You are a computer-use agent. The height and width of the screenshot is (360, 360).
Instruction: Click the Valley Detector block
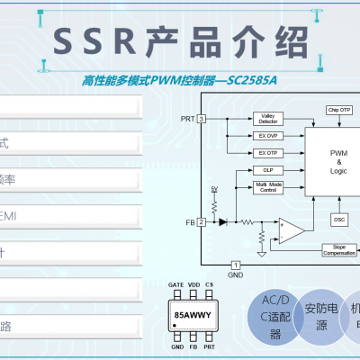267,118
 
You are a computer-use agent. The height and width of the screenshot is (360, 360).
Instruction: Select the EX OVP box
267,136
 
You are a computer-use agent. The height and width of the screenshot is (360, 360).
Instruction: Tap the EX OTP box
267,153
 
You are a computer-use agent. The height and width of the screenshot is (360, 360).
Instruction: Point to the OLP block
267,169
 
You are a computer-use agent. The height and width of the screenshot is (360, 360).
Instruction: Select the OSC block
338,219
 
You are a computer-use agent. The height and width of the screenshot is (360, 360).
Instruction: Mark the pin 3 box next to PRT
202,119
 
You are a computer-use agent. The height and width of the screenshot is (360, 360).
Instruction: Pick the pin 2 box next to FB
202,221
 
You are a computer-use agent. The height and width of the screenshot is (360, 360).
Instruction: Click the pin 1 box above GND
235,265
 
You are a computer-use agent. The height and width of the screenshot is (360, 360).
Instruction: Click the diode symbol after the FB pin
221,221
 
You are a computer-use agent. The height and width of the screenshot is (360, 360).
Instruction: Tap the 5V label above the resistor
214,189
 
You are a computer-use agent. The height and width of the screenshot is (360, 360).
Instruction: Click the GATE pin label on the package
176,284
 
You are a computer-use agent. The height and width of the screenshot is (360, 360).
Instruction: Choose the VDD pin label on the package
193,284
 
